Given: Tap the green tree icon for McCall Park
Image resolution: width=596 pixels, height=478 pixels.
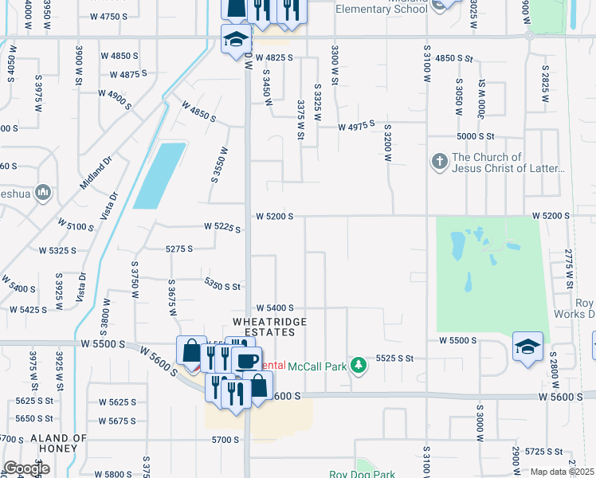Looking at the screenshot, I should tap(359, 365).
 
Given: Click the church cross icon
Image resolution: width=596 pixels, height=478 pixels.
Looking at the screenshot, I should tap(439, 163).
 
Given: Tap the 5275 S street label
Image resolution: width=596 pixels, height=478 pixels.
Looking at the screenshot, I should tap(179, 249).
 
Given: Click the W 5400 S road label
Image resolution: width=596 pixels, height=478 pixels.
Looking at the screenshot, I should tap(275, 308).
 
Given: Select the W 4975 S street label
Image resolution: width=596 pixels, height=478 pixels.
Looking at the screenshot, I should tap(356, 127).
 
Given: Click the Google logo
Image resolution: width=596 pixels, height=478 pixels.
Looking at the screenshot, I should tap(26, 468).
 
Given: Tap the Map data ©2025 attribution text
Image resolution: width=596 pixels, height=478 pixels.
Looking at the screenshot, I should tap(563, 472).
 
